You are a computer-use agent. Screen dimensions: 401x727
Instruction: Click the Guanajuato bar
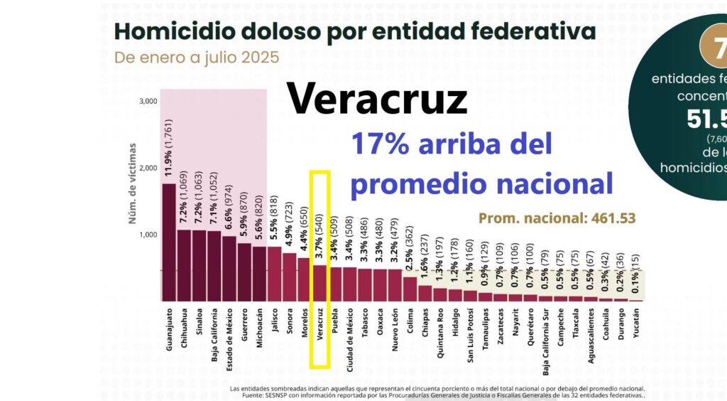click(x=169, y=242)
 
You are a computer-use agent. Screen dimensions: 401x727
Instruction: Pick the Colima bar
click(x=410, y=289)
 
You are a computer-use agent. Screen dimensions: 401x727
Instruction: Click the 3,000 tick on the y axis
click(x=148, y=101)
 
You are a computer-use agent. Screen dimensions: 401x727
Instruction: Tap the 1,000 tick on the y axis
click(x=148, y=235)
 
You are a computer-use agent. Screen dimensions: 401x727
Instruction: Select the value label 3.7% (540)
click(x=320, y=235)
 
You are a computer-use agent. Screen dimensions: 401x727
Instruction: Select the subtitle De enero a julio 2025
click(x=197, y=57)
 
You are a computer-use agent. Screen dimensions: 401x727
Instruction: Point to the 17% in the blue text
click(x=383, y=144)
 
